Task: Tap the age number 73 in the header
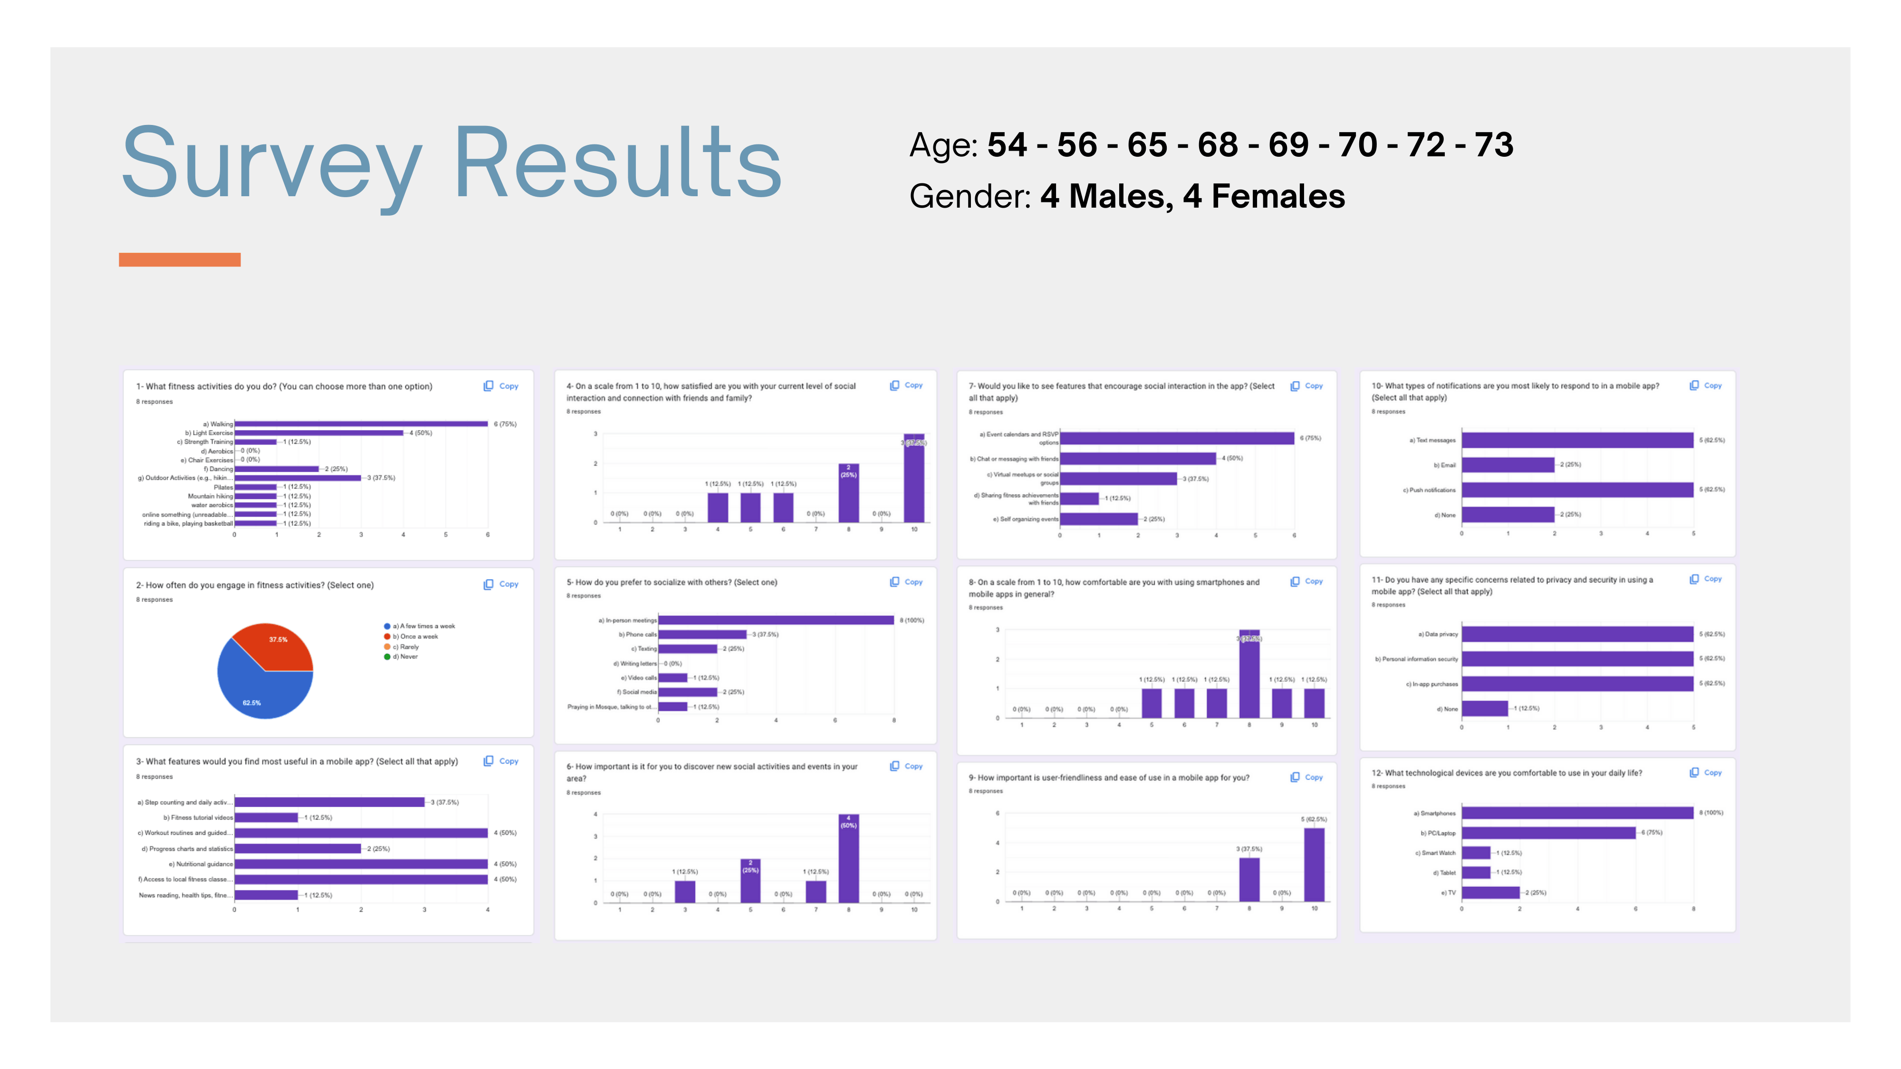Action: (x=1494, y=144)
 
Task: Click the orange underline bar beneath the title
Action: (x=179, y=260)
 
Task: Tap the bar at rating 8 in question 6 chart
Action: (x=849, y=859)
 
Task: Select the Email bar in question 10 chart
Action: (x=1507, y=465)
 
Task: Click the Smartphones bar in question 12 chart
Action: (x=1577, y=813)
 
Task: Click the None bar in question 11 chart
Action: (x=1484, y=708)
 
